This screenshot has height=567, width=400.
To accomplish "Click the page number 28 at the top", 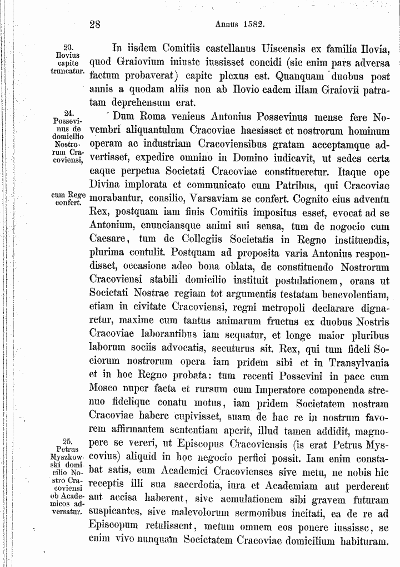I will click(x=94, y=24).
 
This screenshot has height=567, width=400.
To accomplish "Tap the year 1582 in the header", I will click(x=252, y=24).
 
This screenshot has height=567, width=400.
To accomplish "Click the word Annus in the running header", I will click(x=226, y=24).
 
